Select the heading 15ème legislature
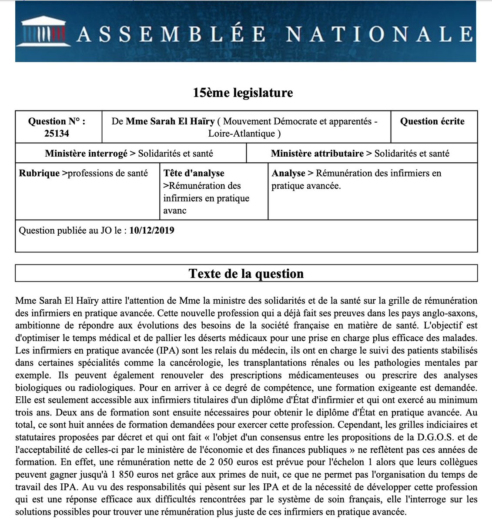point(243,93)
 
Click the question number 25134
point(57,134)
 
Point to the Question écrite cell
point(432,121)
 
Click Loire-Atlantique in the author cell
point(244,134)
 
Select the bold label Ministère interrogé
point(86,154)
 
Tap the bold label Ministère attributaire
point(317,154)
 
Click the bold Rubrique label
point(39,173)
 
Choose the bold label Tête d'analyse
point(194,173)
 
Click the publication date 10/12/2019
point(152,230)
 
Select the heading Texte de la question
point(246,274)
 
